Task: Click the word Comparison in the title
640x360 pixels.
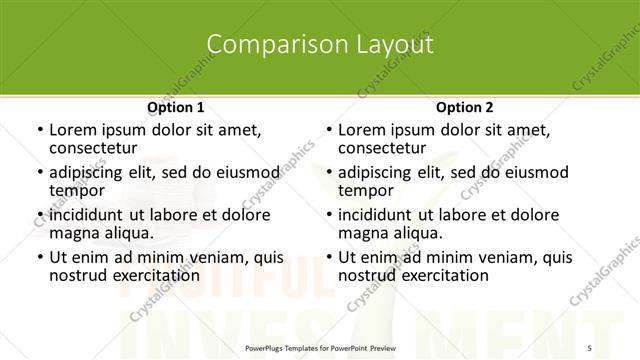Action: (262, 44)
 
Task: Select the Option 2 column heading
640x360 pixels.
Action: (464, 107)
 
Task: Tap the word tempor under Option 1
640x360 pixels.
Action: (77, 189)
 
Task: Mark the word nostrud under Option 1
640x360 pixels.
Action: (77, 275)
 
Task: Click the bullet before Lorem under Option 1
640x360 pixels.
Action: (39, 130)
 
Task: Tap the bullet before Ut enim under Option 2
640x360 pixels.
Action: (328, 258)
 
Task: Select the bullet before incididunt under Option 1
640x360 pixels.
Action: (39, 215)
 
